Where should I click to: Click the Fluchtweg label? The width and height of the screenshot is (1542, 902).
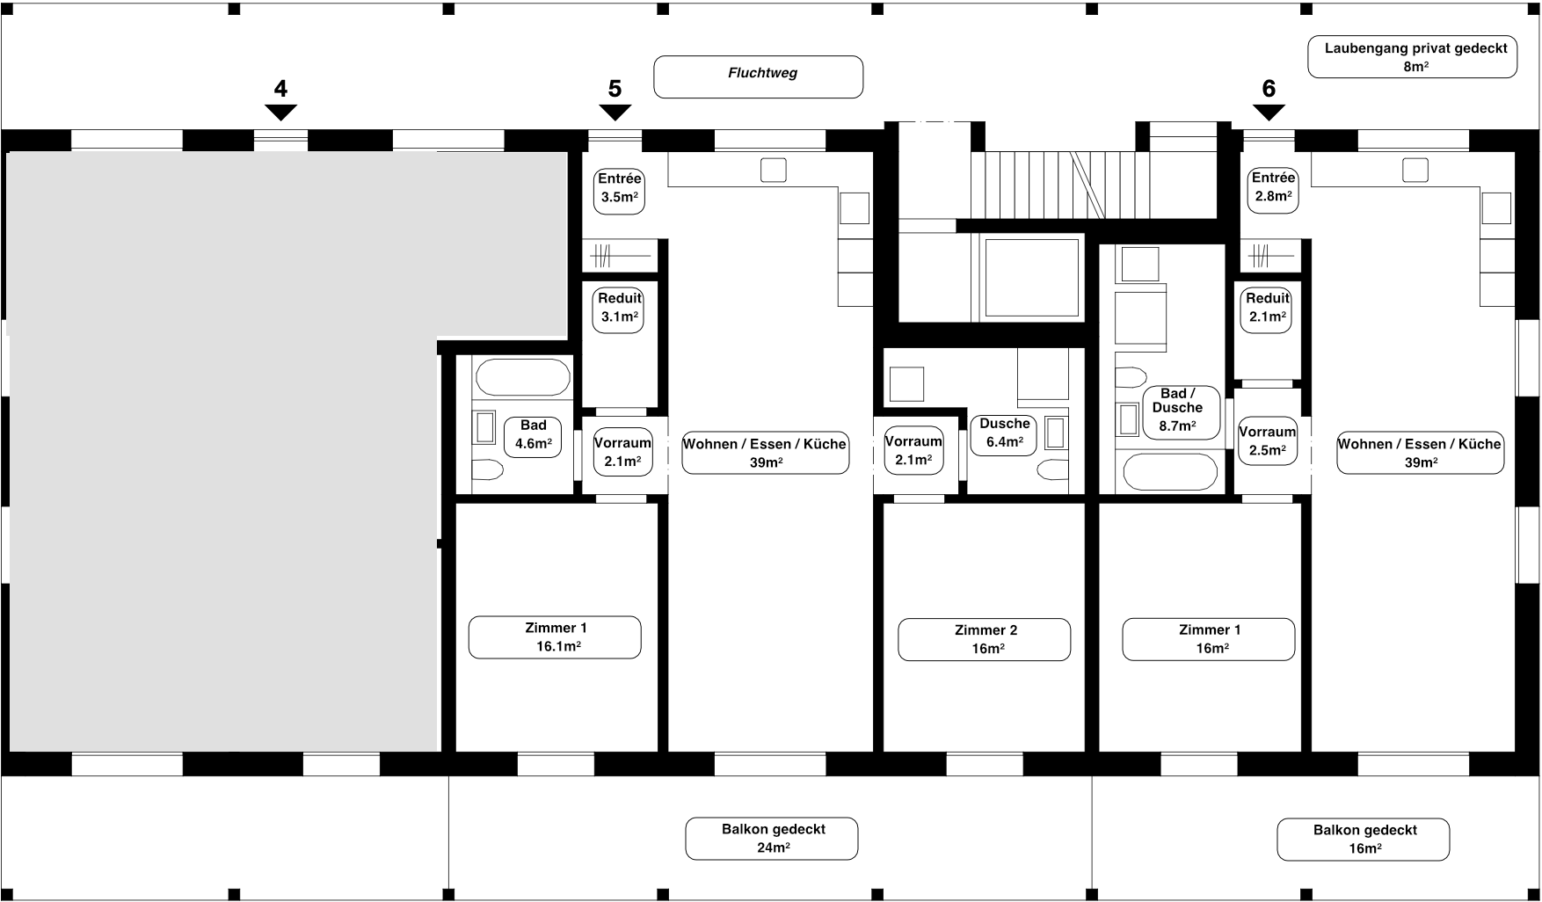758,77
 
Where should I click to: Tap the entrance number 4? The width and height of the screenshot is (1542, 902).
280,89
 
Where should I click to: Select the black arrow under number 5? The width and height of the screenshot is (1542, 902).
615,113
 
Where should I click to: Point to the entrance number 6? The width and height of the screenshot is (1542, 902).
1269,89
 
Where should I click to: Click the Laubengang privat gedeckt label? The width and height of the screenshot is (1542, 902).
1412,57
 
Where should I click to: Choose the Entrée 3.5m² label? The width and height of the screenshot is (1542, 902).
619,191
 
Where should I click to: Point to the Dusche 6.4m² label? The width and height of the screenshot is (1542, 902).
1004,434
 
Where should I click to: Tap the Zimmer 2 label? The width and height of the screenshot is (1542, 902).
984,639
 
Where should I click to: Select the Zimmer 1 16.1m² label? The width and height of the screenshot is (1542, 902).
555,637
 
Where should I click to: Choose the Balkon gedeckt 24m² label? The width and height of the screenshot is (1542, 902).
772,839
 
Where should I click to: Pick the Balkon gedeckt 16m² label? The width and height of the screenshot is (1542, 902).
1364,840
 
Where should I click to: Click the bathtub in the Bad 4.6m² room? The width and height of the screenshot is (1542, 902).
522,378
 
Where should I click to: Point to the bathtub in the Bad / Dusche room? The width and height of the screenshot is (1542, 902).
1170,473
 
